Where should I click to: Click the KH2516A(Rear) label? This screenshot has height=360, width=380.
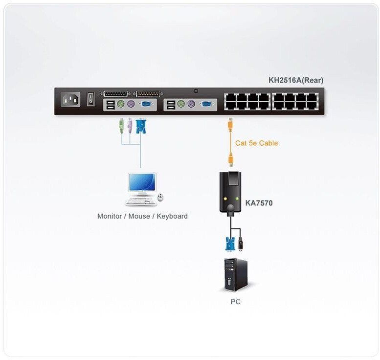click(295, 81)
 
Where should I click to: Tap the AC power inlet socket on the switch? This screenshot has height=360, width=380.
click(71, 100)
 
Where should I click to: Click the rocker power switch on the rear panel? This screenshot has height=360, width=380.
click(90, 99)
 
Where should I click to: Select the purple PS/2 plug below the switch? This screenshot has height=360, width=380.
click(130, 126)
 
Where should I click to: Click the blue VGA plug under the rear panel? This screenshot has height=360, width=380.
click(141, 126)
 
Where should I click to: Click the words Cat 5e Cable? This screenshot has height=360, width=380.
click(256, 143)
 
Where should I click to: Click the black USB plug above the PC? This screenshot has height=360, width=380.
click(240, 243)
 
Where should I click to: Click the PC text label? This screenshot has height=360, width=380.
click(235, 302)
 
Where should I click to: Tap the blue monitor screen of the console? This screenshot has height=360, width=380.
click(142, 182)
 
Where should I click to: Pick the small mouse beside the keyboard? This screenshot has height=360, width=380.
click(160, 197)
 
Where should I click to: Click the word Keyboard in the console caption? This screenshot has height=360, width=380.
click(172, 216)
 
